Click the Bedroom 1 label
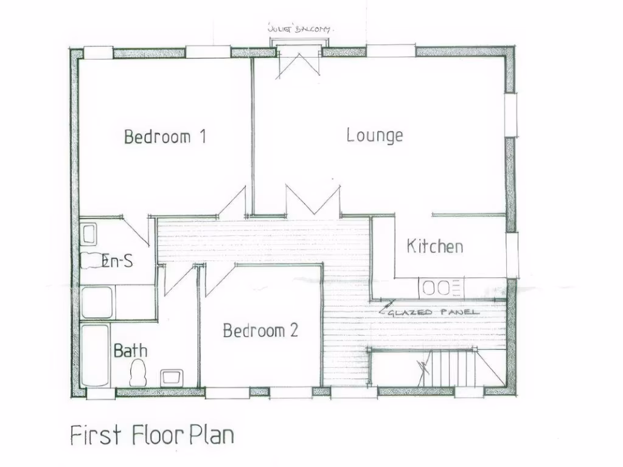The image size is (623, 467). [x=165, y=136]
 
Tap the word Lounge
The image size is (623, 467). [x=375, y=134]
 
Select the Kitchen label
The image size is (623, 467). [x=434, y=246]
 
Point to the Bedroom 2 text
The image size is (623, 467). [x=260, y=331]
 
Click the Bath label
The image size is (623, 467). [x=130, y=351]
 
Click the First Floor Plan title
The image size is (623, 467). [x=151, y=435]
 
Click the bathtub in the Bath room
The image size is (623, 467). [x=95, y=356]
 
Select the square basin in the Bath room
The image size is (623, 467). [x=171, y=377]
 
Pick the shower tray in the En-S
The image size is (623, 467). [x=97, y=302]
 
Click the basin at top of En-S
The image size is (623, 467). [x=89, y=233]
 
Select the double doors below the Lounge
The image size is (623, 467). [x=313, y=201]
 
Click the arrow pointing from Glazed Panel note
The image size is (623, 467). [x=383, y=311]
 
